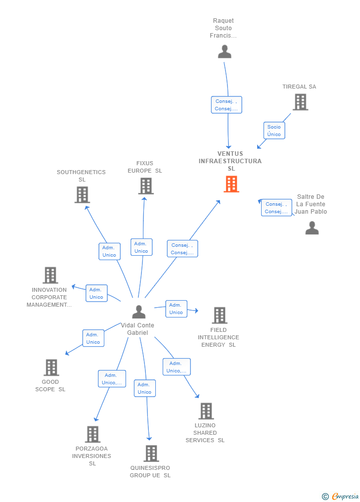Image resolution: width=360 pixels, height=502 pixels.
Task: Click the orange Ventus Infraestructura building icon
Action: pos(231,184)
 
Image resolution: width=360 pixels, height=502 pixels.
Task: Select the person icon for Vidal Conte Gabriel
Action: pos(139,312)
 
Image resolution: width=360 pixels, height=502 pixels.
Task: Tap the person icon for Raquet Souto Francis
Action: pos(225,51)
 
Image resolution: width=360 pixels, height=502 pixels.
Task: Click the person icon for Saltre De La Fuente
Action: pos(312,228)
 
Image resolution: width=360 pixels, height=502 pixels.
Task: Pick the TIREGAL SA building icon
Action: pos(300,102)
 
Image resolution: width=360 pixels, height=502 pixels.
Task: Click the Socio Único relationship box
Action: pos(274,131)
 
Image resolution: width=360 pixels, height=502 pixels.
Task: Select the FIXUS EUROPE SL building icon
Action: pos(145,186)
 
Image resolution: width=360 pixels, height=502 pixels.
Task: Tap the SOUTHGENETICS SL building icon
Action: pos(82,195)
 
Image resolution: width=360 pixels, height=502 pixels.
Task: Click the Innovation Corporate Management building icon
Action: pos(50,275)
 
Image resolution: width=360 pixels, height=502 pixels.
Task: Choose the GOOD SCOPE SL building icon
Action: pos(51,367)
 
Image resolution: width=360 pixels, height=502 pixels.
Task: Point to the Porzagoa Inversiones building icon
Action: pos(92,434)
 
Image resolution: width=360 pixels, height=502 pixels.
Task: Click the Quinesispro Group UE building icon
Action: pos(151,453)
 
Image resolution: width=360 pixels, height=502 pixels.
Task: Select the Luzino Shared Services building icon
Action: pos(206,411)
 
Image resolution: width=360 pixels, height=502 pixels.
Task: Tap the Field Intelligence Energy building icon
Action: pos(219,315)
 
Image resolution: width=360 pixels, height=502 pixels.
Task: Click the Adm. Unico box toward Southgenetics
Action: pos(109,251)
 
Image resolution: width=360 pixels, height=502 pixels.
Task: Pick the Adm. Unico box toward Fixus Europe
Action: pos(141,247)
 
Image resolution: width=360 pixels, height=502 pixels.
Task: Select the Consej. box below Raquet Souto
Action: pos(226,105)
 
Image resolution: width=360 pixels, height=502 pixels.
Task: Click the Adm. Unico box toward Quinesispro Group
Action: pos(144,388)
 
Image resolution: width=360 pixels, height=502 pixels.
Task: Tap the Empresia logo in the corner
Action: pos(341,496)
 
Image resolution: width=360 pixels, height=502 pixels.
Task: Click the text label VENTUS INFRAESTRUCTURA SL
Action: pos(230,161)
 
